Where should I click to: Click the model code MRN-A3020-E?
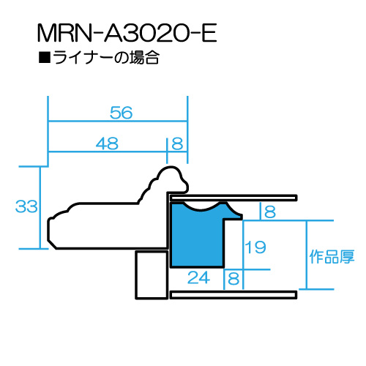(x=127, y=33)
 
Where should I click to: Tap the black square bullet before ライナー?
(x=45, y=58)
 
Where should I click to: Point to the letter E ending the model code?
(x=209, y=33)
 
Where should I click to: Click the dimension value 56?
(x=122, y=113)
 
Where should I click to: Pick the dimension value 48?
(x=107, y=143)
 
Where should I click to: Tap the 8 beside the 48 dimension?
(x=177, y=143)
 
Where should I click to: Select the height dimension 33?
(x=26, y=206)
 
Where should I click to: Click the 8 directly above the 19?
(x=270, y=212)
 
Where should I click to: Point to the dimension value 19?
(x=255, y=247)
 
